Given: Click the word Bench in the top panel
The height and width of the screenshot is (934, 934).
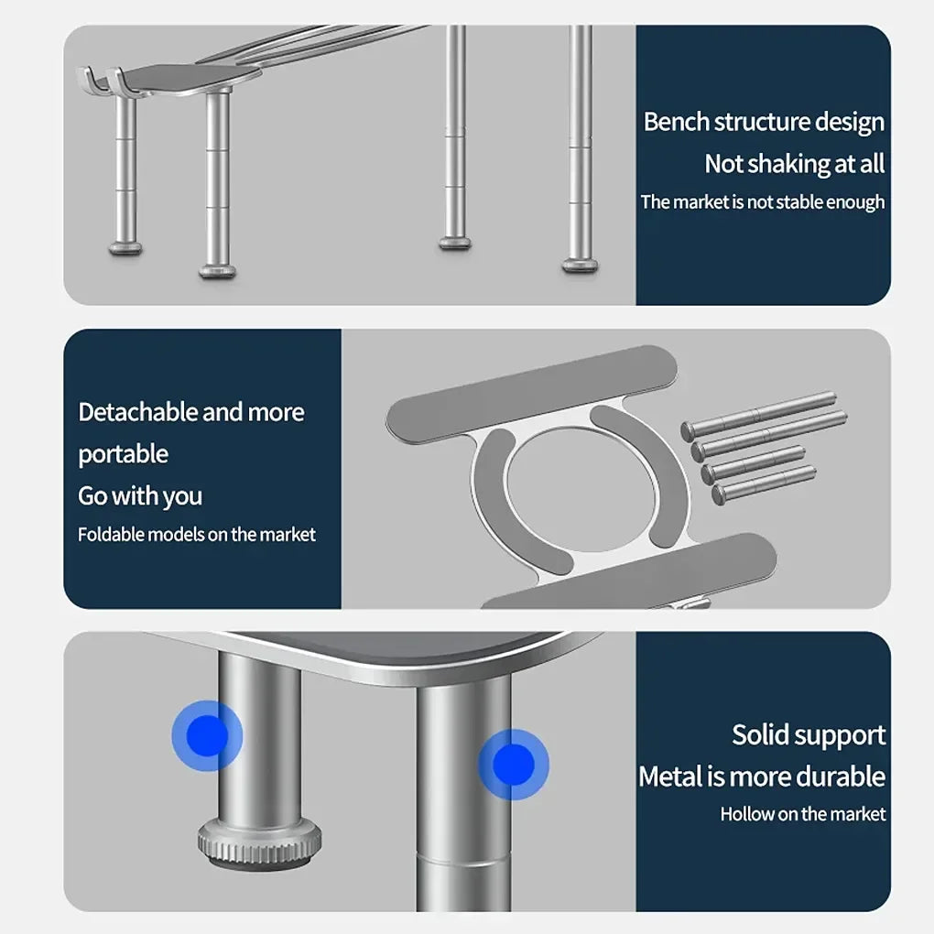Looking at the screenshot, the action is pos(676,122).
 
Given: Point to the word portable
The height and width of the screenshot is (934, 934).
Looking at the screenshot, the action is pos(124,455).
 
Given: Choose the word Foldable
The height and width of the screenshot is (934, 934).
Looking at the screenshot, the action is pos(111,535).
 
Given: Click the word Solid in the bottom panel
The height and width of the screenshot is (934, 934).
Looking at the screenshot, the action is pos(758,734).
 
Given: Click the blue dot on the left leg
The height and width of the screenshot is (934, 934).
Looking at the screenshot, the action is pos(207,735).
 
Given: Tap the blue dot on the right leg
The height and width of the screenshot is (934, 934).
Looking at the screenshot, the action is pos(514,765).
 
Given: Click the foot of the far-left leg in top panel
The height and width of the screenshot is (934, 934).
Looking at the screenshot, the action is pos(125,248).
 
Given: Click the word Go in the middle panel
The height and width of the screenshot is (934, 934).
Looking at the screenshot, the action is pos(92,496).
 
